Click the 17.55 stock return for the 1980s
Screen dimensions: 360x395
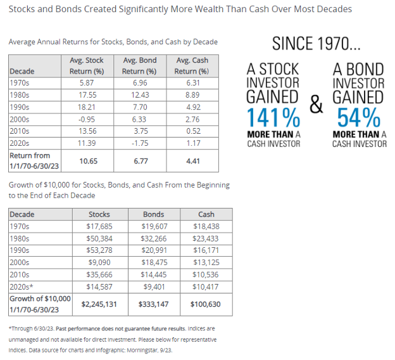click(x=87, y=94)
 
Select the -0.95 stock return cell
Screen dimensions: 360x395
click(x=87, y=119)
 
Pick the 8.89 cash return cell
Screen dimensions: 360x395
click(x=194, y=94)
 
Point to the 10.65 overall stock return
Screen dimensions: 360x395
click(x=87, y=160)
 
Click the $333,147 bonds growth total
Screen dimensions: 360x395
click(x=155, y=304)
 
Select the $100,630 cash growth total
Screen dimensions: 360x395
click(x=206, y=304)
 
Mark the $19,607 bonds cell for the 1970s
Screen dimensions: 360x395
click(x=155, y=226)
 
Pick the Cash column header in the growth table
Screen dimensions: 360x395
click(x=206, y=215)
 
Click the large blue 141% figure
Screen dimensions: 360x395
click(x=273, y=118)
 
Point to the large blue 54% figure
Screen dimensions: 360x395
click(x=358, y=118)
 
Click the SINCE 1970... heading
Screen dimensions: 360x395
click(x=316, y=44)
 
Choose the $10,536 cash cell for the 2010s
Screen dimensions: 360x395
click(x=206, y=274)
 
